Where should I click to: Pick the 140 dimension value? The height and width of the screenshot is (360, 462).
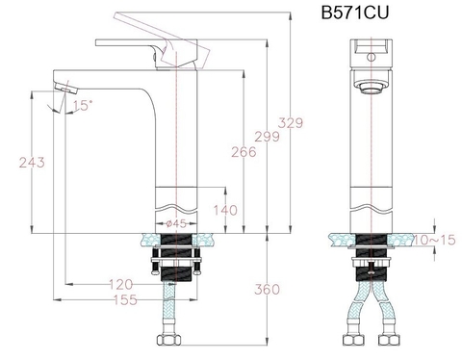224,211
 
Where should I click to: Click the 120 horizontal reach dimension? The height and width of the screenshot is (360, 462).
119,285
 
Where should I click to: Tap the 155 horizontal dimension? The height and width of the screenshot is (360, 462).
119,300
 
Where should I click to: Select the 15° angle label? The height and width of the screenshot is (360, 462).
82,105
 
